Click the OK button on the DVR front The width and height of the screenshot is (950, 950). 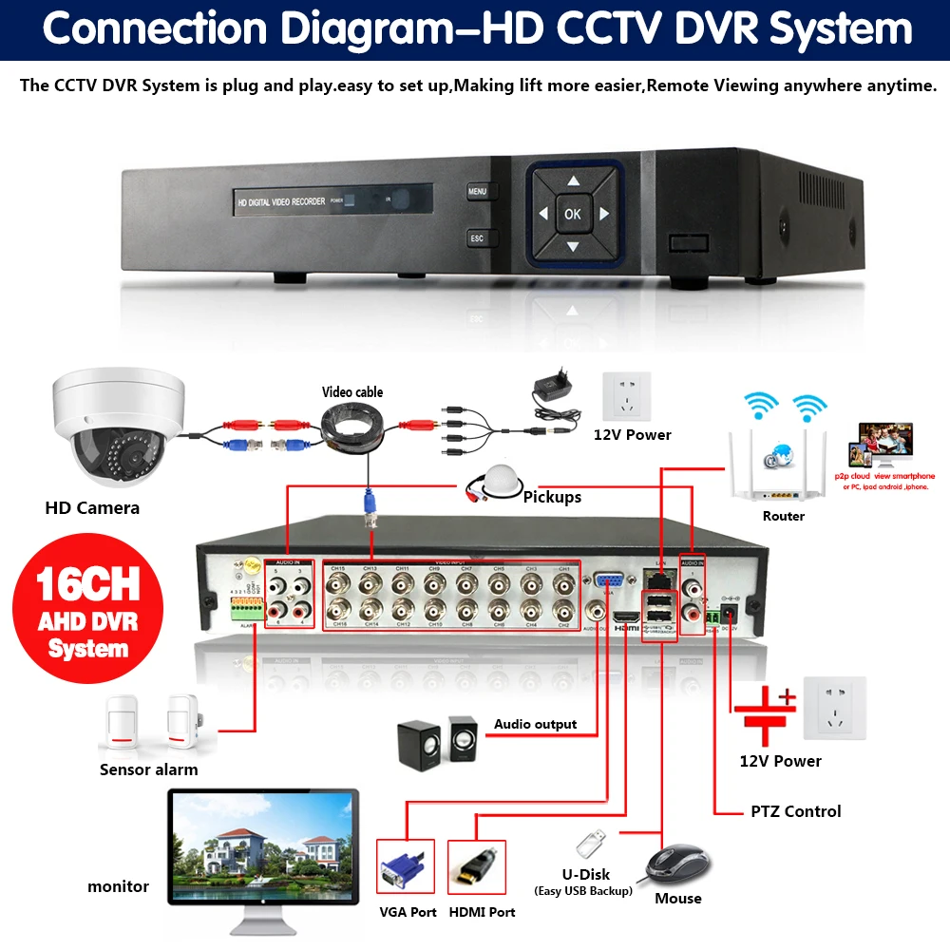(x=572, y=214)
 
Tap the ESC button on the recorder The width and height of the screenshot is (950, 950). (x=477, y=238)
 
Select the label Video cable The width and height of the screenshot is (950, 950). (x=352, y=391)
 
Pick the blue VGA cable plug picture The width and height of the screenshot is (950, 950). (x=406, y=869)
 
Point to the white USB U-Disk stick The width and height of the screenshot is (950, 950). (x=589, y=843)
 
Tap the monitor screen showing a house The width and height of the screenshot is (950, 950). (x=263, y=845)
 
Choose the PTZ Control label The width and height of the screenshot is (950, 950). (x=795, y=811)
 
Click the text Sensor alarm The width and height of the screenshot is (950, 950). (x=149, y=769)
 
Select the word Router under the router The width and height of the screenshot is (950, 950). (x=783, y=516)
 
